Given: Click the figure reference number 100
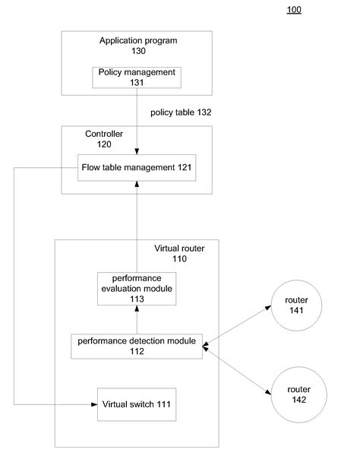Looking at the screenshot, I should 294,10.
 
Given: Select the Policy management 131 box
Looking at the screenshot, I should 137,76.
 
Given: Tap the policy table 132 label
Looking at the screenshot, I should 181,112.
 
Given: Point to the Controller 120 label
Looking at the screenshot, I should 104,139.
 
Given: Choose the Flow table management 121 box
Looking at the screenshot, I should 137,167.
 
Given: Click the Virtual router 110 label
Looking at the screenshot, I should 179,254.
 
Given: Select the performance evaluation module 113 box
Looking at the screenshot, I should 137,289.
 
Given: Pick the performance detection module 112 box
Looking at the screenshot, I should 137,346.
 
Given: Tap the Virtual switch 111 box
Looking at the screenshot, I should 137,404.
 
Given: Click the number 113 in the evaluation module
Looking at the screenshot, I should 137,299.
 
